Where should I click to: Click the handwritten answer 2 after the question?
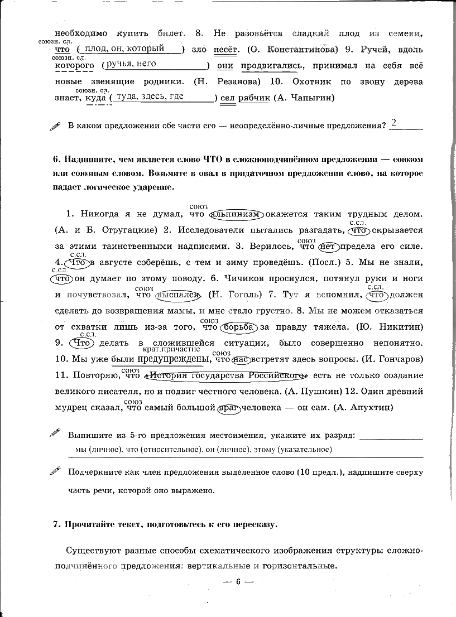[x=394, y=123]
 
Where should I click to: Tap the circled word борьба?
[x=239, y=326]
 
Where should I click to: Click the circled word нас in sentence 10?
[x=241, y=358]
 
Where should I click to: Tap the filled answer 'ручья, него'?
[x=131, y=64]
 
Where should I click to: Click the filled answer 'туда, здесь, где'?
[x=151, y=96]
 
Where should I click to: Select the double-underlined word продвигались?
[x=269, y=66]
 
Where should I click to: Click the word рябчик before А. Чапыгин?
[x=254, y=98]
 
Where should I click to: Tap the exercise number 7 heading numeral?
[x=55, y=524]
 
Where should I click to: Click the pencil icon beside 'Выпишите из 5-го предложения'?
[x=55, y=432]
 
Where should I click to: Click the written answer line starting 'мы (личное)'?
[x=204, y=449]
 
